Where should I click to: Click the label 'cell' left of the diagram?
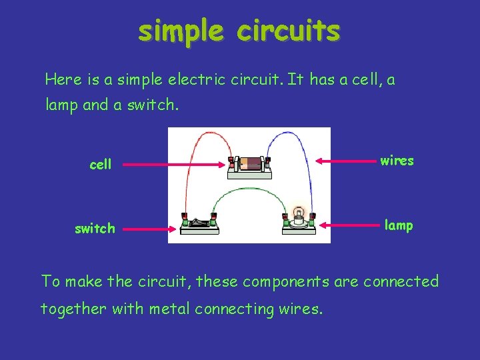(x=101, y=164)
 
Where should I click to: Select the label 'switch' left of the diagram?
(x=95, y=229)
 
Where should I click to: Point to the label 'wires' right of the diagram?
(x=397, y=161)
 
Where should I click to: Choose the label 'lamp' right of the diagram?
(x=399, y=225)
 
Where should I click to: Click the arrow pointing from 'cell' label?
(x=173, y=164)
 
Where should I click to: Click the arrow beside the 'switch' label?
(x=150, y=229)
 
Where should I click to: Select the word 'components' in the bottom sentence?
(x=285, y=281)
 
